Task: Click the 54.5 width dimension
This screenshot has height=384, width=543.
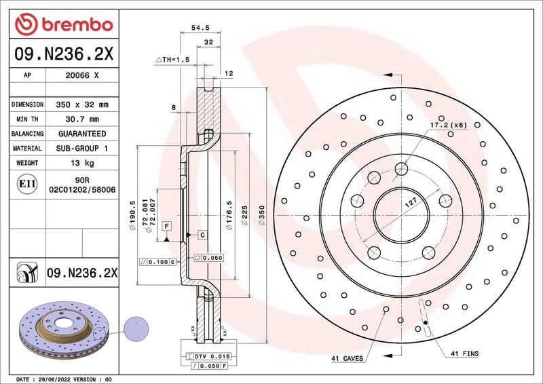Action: (x=196, y=28)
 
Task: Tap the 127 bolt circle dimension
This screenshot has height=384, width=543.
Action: (x=410, y=202)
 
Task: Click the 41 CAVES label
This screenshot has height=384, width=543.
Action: (x=347, y=358)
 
